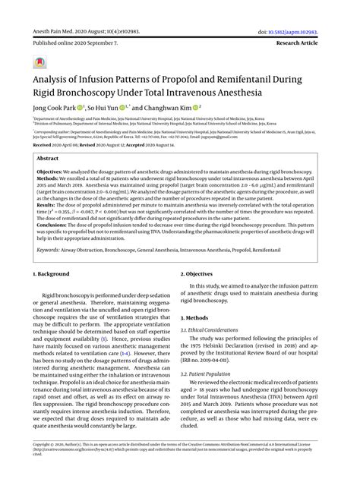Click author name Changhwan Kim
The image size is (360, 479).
(x=173, y=109)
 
